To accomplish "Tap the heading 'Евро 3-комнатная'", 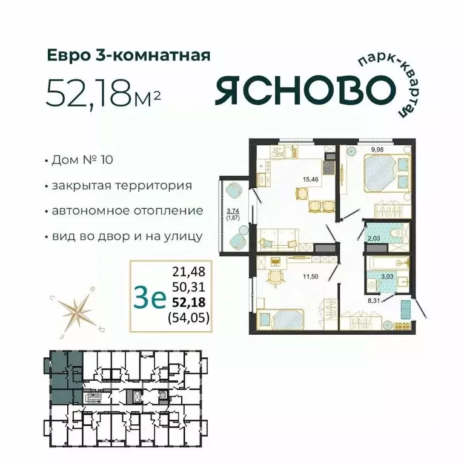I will [129, 56].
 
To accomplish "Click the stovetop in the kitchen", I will [330, 163].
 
